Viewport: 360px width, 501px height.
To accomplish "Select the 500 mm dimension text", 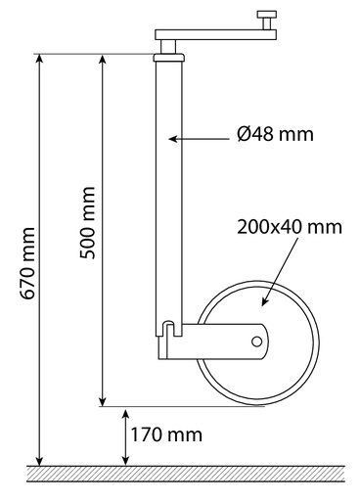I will (x=88, y=223).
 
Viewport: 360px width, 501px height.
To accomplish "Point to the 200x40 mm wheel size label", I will (x=289, y=227).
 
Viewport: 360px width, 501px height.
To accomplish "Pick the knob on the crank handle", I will (x=266, y=19).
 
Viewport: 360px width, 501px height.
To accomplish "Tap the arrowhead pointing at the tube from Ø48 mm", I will (x=173, y=139).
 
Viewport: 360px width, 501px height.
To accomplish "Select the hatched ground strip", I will (x=186, y=474).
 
